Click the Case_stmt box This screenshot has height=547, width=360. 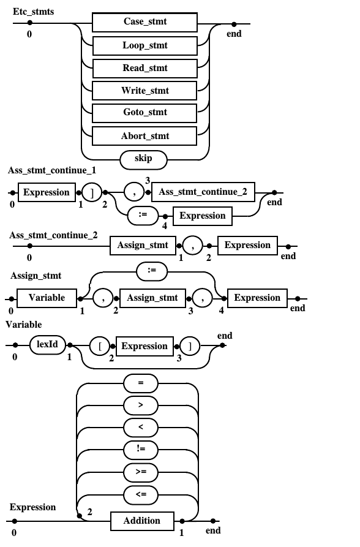144,22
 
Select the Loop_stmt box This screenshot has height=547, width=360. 144,46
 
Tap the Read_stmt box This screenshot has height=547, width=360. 144,69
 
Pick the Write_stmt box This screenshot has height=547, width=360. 144,91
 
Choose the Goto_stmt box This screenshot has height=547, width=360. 144,113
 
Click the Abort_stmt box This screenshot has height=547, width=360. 144,136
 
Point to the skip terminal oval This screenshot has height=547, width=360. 143,160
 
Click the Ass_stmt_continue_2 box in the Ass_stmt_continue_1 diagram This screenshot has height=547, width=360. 203,192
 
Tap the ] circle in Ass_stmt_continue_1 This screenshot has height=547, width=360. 92,192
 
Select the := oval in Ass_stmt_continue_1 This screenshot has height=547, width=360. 143,216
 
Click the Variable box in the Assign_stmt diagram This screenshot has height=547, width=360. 47,298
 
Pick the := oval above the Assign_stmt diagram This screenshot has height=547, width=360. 152,271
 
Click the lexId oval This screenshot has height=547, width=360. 47,345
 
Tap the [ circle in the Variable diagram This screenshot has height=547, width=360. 100,347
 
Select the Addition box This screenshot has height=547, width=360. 142,521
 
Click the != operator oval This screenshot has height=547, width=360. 141,450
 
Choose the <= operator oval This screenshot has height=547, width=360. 141,495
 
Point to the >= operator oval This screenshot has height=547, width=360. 141,472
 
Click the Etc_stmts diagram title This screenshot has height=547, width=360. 34,12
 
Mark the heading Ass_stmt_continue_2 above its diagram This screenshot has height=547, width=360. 53,235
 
